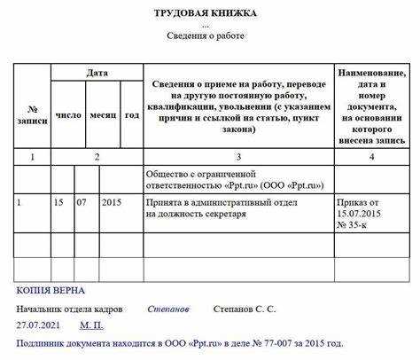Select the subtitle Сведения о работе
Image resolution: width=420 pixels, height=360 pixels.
coord(206,35)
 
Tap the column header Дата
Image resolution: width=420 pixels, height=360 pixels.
coord(97,72)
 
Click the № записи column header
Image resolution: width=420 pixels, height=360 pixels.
coord(33,114)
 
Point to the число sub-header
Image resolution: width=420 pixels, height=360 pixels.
coord(68,115)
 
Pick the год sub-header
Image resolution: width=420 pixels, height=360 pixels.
coord(131,115)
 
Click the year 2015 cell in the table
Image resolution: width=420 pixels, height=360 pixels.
coord(112,203)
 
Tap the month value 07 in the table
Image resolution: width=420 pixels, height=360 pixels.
coord(82,203)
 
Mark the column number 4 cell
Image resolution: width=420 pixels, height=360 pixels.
coord(371,157)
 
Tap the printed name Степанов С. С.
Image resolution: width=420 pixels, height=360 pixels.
coord(245,309)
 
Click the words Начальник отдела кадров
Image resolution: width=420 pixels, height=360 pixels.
coord(70,309)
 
